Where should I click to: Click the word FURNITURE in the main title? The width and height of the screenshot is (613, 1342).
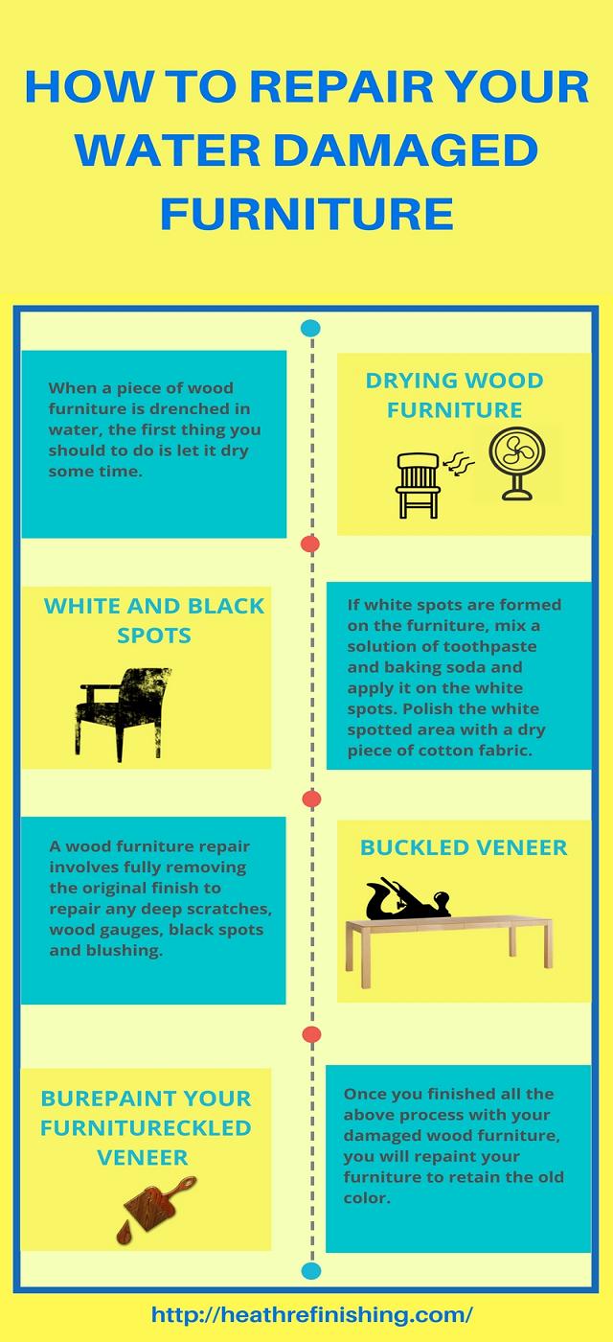click(306, 214)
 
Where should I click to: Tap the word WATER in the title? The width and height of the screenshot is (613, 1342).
click(168, 150)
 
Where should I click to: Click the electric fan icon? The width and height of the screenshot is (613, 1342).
click(517, 463)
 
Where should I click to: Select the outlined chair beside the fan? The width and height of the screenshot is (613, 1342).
click(418, 485)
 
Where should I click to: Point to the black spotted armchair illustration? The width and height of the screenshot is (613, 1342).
click(123, 714)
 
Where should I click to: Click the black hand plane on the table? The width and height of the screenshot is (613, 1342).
click(408, 899)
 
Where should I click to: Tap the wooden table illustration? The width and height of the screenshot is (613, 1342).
click(449, 949)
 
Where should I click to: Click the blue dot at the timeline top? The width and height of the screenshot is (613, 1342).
click(310, 328)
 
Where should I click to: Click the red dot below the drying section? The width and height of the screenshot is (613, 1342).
click(310, 544)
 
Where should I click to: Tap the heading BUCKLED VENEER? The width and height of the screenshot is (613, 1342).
click(464, 847)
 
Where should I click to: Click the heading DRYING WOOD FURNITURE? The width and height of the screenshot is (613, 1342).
click(454, 395)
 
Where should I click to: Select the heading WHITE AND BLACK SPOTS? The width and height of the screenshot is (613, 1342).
click(154, 621)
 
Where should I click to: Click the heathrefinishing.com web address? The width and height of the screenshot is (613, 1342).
click(312, 1314)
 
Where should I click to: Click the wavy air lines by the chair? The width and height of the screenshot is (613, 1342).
click(458, 464)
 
